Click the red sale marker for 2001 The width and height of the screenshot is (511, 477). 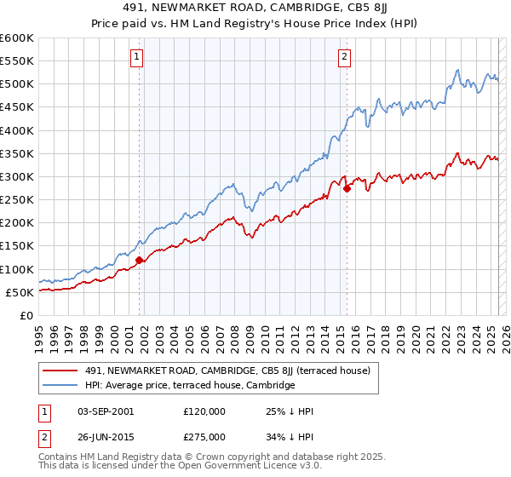(x=140, y=261)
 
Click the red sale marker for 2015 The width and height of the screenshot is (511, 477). (x=347, y=189)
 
